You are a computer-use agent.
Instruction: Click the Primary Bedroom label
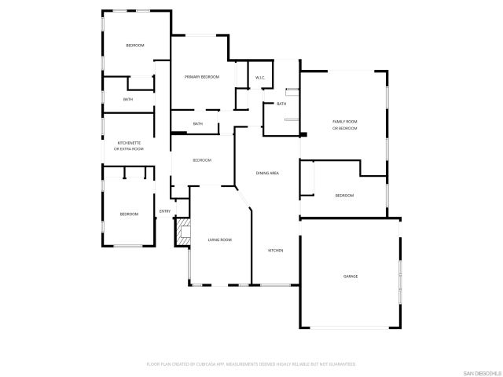201,77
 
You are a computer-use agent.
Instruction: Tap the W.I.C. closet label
260,77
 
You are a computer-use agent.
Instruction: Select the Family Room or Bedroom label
344,125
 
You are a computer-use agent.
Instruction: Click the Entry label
165,210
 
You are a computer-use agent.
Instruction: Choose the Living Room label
219,240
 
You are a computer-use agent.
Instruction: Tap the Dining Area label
269,173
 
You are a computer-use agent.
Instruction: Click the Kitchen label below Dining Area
275,251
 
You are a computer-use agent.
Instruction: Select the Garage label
350,276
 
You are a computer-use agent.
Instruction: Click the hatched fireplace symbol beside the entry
183,232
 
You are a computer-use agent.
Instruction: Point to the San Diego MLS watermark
480,371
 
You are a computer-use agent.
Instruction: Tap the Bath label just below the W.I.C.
281,104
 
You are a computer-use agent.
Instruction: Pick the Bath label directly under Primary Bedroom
198,123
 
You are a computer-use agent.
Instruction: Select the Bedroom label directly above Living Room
202,160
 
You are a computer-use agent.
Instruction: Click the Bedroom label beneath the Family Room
344,196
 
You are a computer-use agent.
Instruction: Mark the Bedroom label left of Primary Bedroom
135,46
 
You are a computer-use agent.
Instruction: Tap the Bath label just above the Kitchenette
128,100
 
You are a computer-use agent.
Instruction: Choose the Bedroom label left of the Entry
129,214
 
